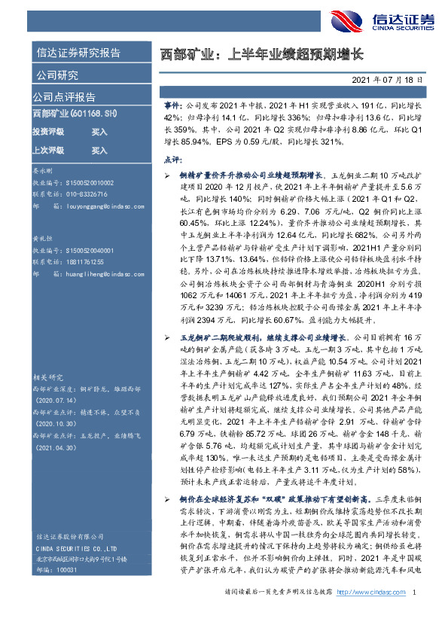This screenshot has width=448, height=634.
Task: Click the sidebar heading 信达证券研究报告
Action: [78, 53]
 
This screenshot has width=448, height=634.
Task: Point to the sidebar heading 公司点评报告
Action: [63, 97]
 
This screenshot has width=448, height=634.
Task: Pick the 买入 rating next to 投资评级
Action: [99, 132]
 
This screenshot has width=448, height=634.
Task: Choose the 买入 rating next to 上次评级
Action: [99, 150]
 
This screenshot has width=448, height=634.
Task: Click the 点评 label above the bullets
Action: [172, 160]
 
